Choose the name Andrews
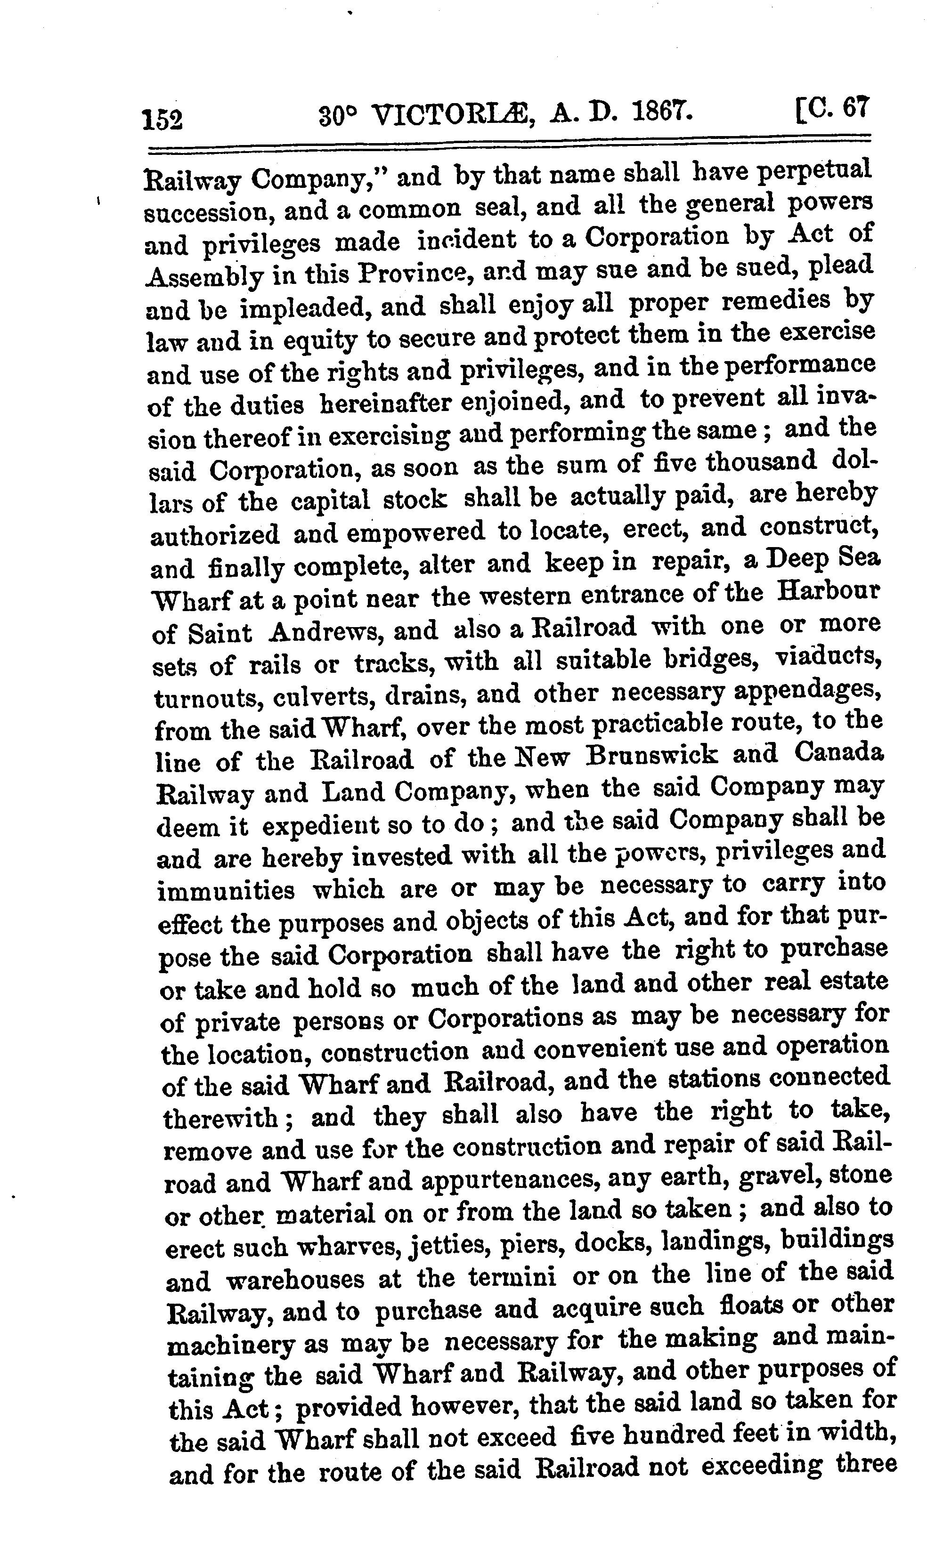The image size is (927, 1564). pyautogui.click(x=324, y=632)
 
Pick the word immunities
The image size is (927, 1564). pyautogui.click(x=226, y=890)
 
